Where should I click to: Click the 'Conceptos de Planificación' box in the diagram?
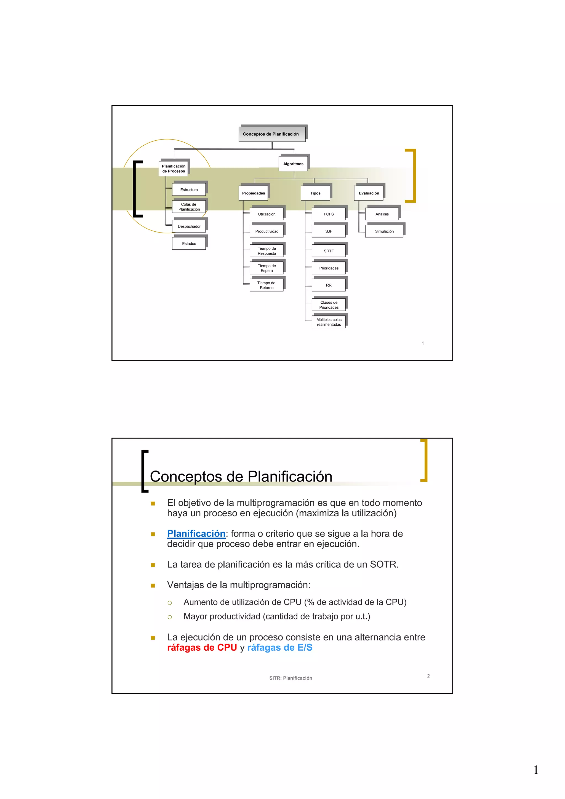coord(271,134)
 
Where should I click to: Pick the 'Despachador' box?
coord(189,226)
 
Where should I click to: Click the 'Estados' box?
coord(189,244)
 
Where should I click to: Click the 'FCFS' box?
coord(329,214)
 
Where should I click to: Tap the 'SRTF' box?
coord(329,251)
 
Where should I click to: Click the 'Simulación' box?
coord(384,231)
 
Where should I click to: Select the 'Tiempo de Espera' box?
coord(267,268)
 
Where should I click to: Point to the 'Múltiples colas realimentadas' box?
coord(329,322)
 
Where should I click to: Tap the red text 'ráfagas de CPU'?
coord(202,648)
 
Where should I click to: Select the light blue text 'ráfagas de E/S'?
coord(280,648)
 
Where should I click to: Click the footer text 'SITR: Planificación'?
coord(291,678)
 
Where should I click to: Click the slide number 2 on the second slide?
coord(428,676)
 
